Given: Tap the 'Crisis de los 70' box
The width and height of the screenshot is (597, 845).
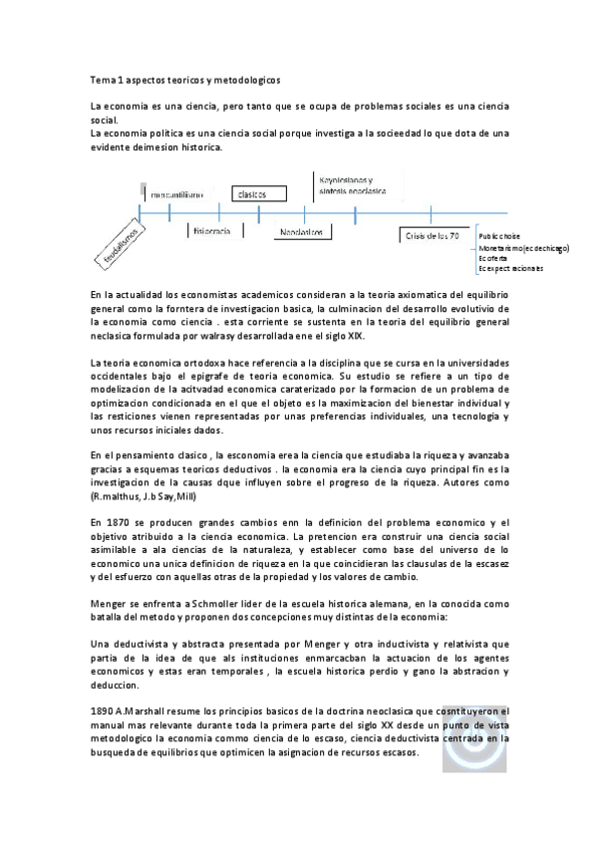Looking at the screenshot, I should click(432, 234).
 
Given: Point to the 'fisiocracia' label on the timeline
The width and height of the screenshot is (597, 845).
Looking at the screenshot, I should click(210, 230).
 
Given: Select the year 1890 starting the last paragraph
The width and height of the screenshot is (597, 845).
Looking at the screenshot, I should click(102, 710).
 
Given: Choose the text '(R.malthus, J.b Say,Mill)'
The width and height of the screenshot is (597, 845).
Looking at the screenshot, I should click(149, 495).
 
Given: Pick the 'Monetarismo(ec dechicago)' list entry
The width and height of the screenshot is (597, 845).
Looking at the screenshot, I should click(523, 247).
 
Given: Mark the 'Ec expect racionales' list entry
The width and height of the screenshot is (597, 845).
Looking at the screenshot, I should click(511, 269).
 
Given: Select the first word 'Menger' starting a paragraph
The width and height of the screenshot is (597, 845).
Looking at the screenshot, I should click(108, 604).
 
